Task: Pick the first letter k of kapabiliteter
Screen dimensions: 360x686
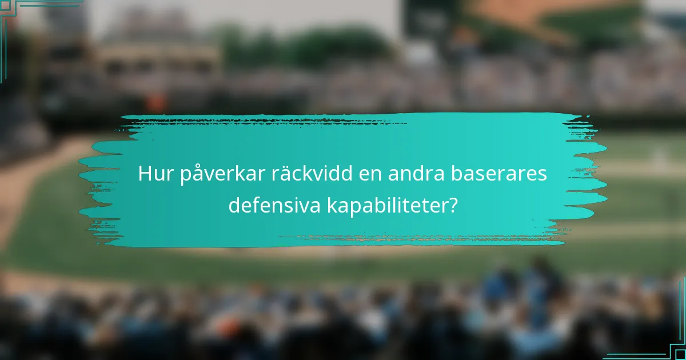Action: click(x=331, y=205)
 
